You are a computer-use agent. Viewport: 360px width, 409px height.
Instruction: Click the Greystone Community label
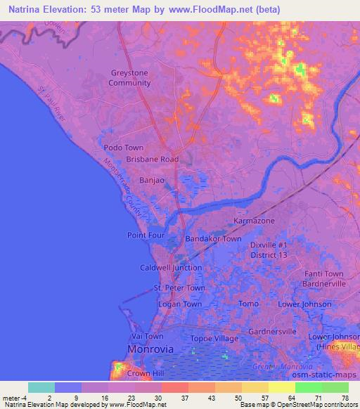[129, 78]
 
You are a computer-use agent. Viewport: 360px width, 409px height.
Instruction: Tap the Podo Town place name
[123, 148]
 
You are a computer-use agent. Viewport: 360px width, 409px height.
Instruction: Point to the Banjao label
[152, 181]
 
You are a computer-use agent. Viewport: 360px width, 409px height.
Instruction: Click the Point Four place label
[145, 235]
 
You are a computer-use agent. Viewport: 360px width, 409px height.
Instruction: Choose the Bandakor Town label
[213, 239]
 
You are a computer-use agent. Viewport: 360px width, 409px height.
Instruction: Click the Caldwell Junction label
[171, 268]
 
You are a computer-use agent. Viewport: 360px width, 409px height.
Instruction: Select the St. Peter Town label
[179, 288]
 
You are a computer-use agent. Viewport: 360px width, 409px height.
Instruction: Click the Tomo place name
[249, 304]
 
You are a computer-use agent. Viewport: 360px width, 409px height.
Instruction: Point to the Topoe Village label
[216, 338]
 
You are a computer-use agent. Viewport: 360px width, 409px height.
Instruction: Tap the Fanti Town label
[324, 274]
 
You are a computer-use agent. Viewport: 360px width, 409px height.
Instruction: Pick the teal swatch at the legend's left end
[41, 387]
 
